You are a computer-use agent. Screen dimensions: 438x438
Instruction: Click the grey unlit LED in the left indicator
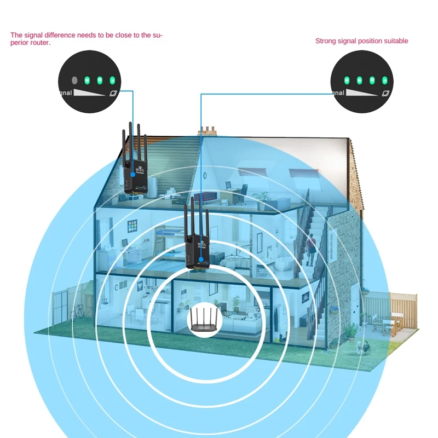pyautogui.click(x=75, y=80)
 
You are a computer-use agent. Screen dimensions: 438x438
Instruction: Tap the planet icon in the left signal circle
pyautogui.click(x=113, y=93)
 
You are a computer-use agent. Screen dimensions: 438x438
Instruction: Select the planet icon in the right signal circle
pyautogui.click(x=385, y=94)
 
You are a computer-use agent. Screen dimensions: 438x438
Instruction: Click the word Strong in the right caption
pyautogui.click(x=325, y=41)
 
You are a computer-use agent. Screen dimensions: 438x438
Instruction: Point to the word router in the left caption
pyautogui.click(x=41, y=43)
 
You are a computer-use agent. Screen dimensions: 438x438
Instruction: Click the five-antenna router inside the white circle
pyautogui.click(x=203, y=320)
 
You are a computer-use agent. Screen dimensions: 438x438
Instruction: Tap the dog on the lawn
pyautogui.click(x=360, y=346)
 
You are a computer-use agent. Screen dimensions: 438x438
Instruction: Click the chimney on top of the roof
pyautogui.click(x=208, y=131)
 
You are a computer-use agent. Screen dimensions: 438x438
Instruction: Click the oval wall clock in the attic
pyautogui.click(x=204, y=175)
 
